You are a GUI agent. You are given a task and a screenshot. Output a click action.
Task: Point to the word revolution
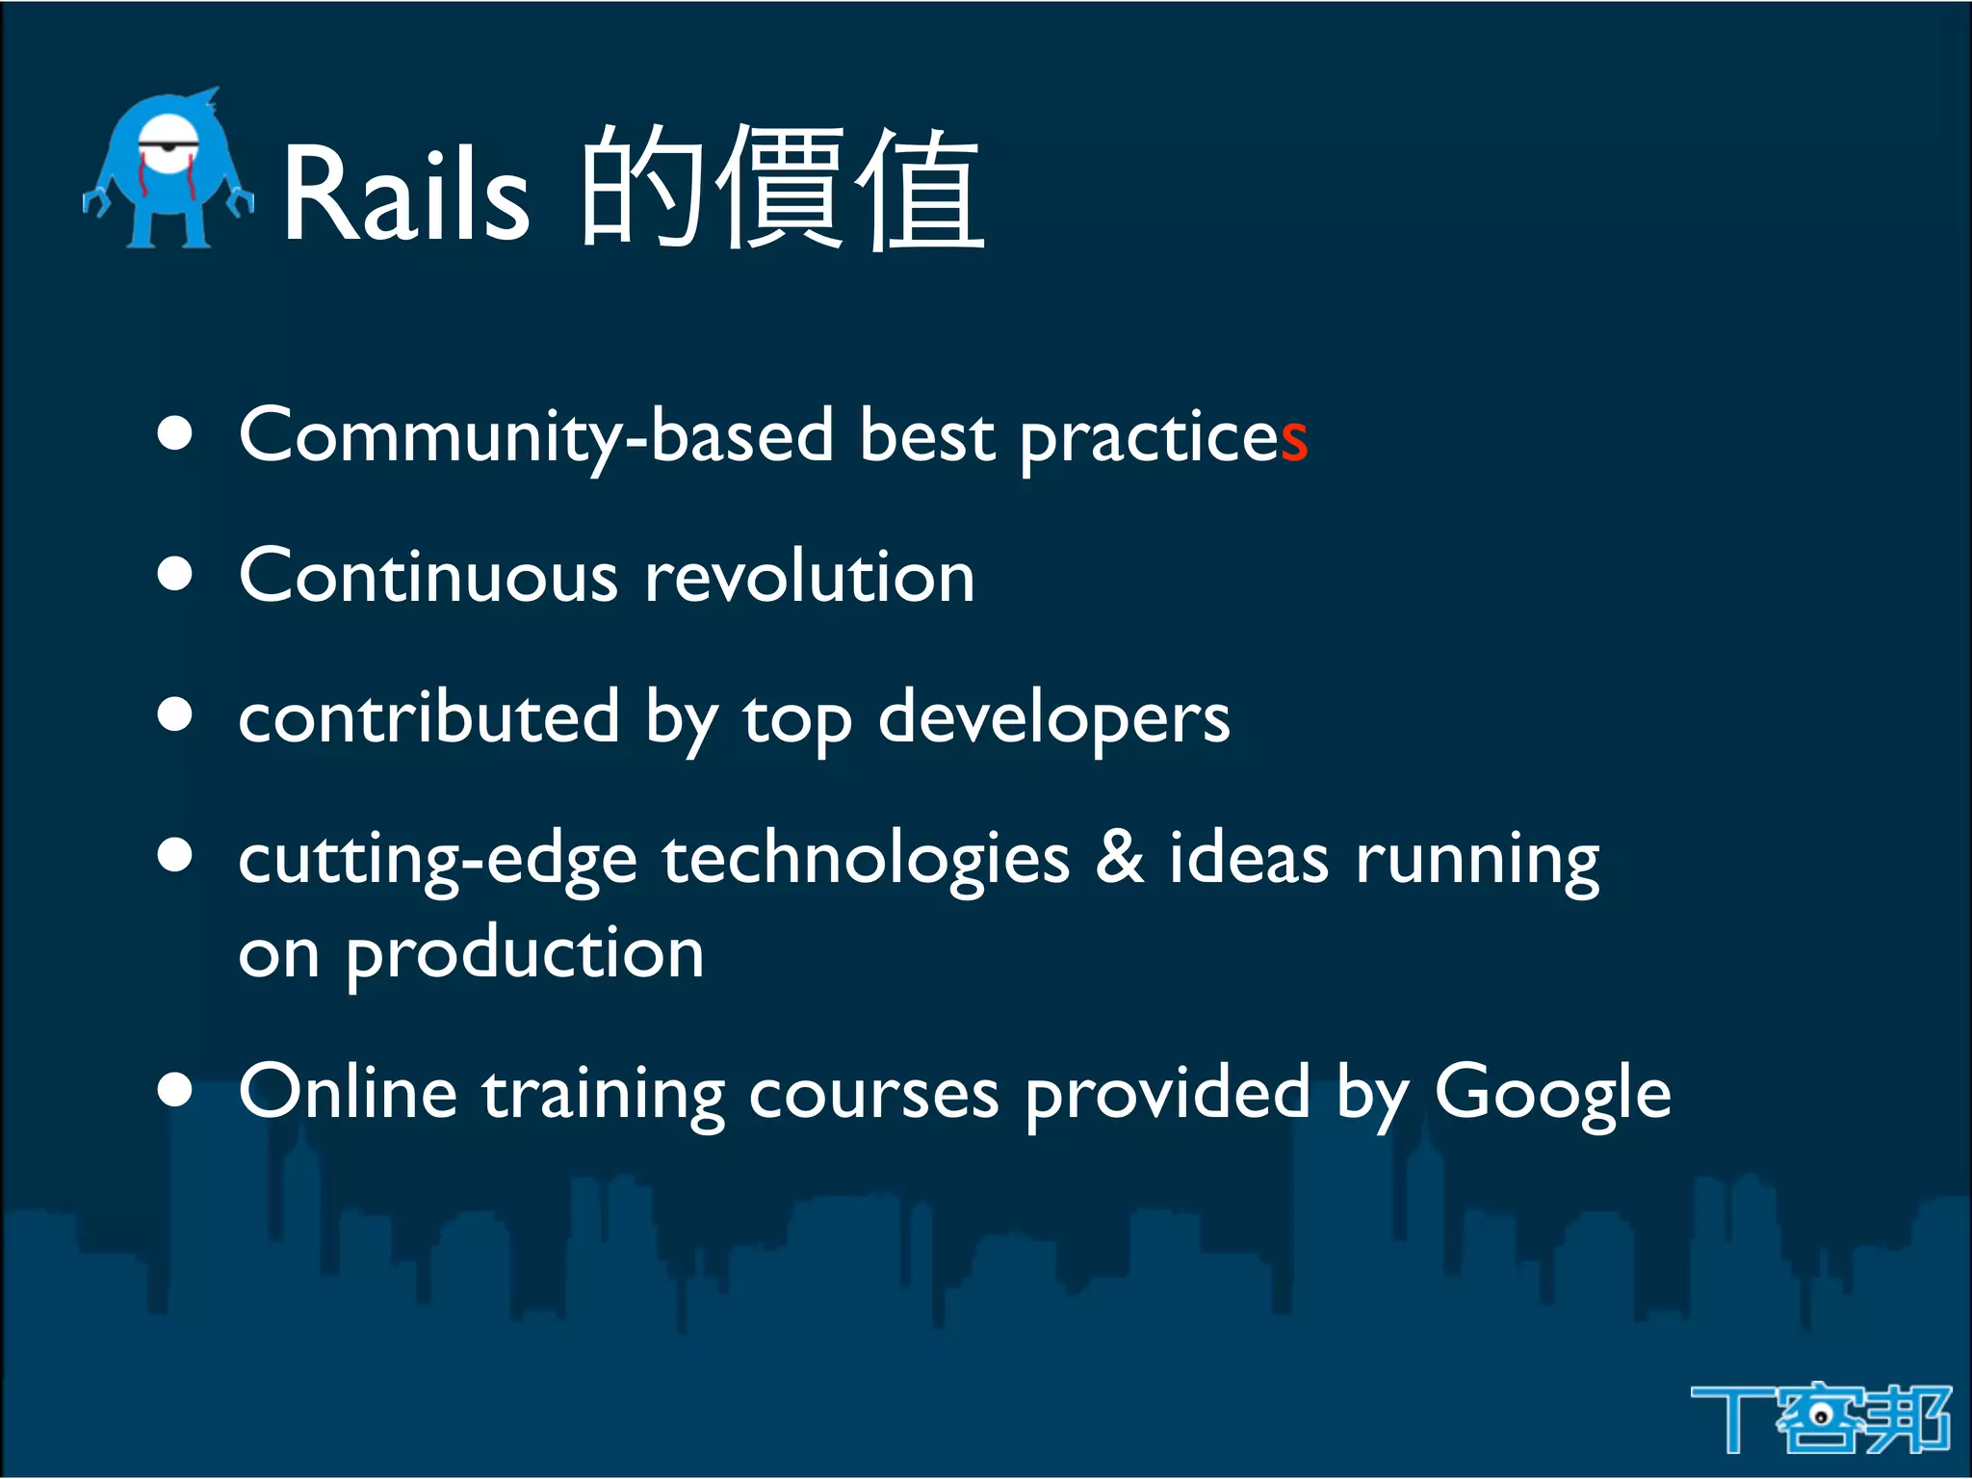click(x=809, y=578)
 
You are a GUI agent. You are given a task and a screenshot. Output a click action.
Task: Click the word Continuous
click(x=428, y=578)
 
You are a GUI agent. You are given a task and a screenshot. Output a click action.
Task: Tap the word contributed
click(x=428, y=718)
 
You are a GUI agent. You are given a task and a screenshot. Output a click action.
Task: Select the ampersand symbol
click(x=1119, y=857)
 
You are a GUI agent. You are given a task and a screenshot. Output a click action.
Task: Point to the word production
click(x=525, y=955)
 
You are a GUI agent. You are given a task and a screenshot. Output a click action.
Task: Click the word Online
click(x=348, y=1094)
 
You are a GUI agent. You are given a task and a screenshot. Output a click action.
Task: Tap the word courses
click(x=873, y=1096)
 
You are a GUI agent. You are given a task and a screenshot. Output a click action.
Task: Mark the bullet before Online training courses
click(x=175, y=1090)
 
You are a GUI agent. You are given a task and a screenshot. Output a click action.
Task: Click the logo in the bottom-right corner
click(x=1820, y=1417)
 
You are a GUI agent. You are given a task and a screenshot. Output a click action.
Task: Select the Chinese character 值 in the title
click(x=920, y=191)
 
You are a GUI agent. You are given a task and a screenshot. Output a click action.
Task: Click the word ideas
click(x=1249, y=857)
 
